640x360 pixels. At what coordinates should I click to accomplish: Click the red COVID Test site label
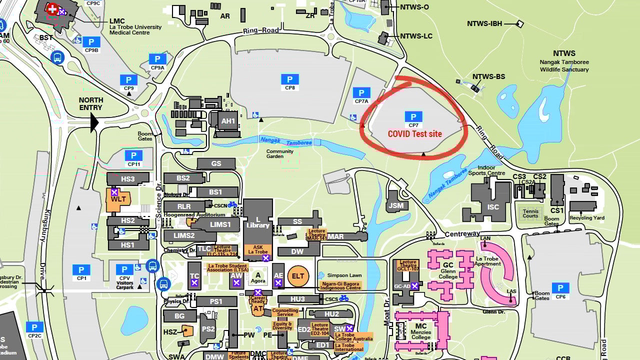pyautogui.click(x=415, y=134)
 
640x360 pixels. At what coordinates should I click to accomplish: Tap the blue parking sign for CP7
pyautogui.click(x=413, y=116)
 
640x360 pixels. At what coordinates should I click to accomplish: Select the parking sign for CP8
pyautogui.click(x=289, y=79)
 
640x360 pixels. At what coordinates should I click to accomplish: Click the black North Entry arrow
pyautogui.click(x=94, y=122)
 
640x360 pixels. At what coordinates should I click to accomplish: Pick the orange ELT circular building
pyautogui.click(x=298, y=276)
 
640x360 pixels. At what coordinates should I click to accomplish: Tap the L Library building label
pyautogui.click(x=258, y=222)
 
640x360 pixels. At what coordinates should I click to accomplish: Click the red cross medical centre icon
pyautogui.click(x=51, y=8)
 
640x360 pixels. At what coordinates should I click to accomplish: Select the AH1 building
pyautogui.click(x=228, y=121)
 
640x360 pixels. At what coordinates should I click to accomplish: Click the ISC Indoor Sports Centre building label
pyautogui.click(x=493, y=207)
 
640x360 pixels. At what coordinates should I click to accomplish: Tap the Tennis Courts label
pyautogui.click(x=530, y=213)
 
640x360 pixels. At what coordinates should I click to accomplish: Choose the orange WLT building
pyautogui.click(x=118, y=199)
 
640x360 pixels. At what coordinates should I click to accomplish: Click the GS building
pyautogui.click(x=216, y=163)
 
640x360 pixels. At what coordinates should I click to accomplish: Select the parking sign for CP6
pyautogui.click(x=560, y=288)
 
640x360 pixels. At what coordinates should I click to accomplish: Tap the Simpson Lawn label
pyautogui.click(x=345, y=275)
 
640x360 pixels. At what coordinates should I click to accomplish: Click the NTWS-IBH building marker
pyautogui.click(x=520, y=23)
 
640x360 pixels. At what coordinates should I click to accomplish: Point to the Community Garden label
pyautogui.click(x=280, y=154)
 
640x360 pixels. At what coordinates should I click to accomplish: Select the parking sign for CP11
pyautogui.click(x=133, y=155)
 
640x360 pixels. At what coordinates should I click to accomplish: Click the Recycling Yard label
pyautogui.click(x=587, y=217)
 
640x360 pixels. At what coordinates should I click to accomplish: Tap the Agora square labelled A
pyautogui.click(x=258, y=276)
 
